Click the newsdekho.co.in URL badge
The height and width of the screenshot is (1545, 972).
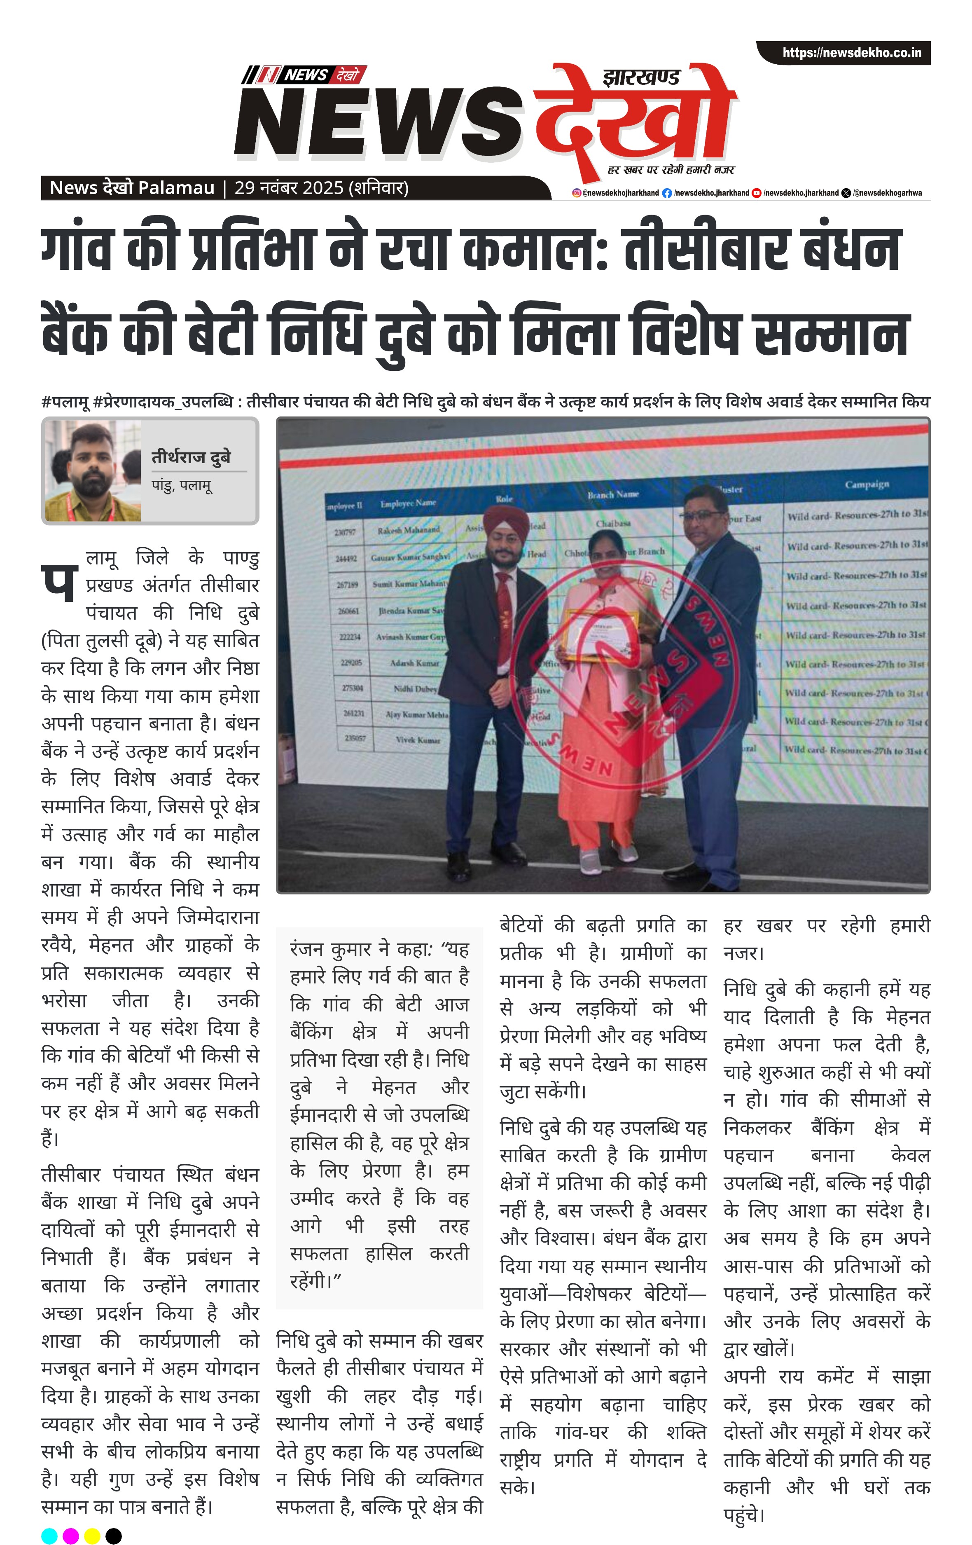851,53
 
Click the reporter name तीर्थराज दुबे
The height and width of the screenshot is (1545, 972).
191,457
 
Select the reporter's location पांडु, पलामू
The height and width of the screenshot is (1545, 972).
182,485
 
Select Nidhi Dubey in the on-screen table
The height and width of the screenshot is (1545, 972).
415,688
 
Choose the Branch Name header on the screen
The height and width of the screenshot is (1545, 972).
613,494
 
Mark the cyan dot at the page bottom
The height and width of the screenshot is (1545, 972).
49,1536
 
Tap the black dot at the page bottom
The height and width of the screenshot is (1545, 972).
114,1536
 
